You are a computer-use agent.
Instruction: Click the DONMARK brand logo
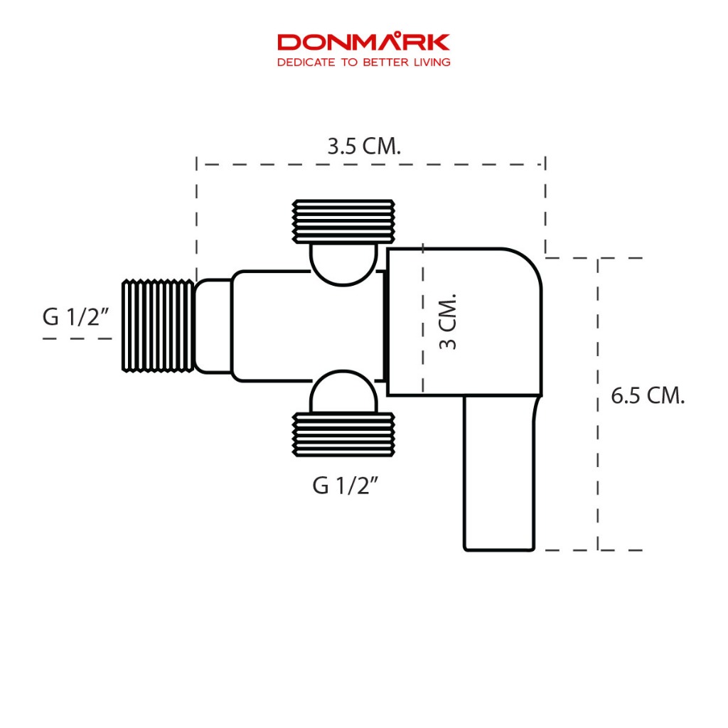(363, 42)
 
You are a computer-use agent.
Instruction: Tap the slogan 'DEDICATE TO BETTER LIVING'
(363, 63)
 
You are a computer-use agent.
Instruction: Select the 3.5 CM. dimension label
(364, 146)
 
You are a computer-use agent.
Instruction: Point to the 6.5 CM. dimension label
(648, 396)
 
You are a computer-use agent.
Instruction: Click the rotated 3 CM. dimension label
(448, 321)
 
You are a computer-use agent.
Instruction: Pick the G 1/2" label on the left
(75, 318)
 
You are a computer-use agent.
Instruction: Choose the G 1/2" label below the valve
(346, 486)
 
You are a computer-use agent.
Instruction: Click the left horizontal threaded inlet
(158, 326)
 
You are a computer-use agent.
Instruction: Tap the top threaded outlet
(343, 222)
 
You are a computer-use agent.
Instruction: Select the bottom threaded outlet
(343, 434)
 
